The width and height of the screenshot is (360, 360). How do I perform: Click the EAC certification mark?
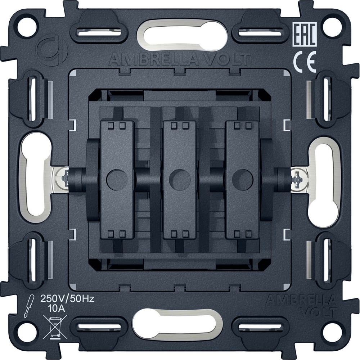[305, 35]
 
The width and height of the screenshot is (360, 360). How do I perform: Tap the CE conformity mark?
[305, 62]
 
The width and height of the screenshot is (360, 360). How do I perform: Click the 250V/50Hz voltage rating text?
[68, 299]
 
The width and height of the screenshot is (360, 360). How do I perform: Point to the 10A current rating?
[57, 309]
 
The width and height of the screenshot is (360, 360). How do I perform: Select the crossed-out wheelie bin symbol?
[55, 327]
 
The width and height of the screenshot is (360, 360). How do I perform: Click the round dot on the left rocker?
[117, 180]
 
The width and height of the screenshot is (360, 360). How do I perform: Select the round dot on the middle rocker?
[180, 180]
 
